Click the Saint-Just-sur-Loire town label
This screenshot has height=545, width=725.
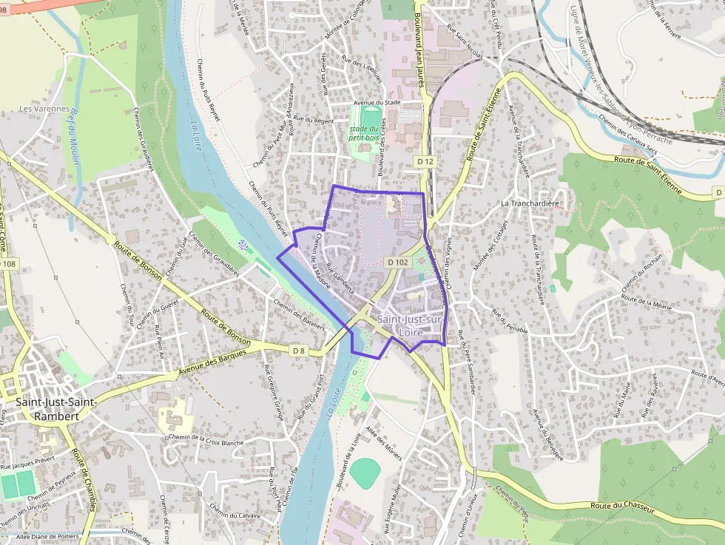(x=410, y=325)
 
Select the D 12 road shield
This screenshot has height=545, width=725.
(x=425, y=160)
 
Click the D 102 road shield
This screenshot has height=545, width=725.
(x=397, y=262)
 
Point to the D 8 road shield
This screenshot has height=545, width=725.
(x=298, y=350)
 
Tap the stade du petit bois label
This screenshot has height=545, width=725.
(x=363, y=132)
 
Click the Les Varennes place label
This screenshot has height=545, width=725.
(x=44, y=109)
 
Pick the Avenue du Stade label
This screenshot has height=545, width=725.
(x=377, y=103)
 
